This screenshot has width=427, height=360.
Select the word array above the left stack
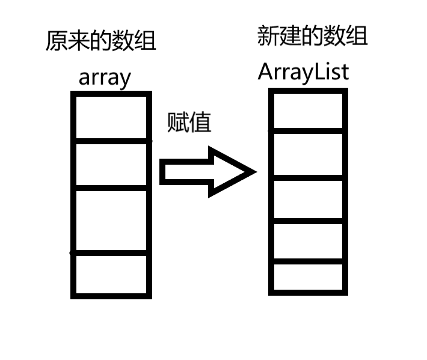point(104,78)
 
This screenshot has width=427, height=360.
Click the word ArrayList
point(304,72)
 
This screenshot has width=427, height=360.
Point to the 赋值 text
point(189,123)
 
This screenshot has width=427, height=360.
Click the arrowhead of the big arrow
point(232,172)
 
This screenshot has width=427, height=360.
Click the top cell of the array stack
point(111,117)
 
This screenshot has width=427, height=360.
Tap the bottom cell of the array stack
point(111,275)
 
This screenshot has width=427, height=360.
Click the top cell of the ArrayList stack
point(308,111)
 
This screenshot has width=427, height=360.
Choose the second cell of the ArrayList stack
point(308,154)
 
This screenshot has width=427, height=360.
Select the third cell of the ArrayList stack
point(308,200)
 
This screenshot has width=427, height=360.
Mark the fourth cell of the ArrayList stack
point(308,242)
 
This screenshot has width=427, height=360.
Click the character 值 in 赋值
point(201,123)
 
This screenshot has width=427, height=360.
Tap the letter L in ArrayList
point(322,72)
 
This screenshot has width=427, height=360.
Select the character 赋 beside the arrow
point(178,123)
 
